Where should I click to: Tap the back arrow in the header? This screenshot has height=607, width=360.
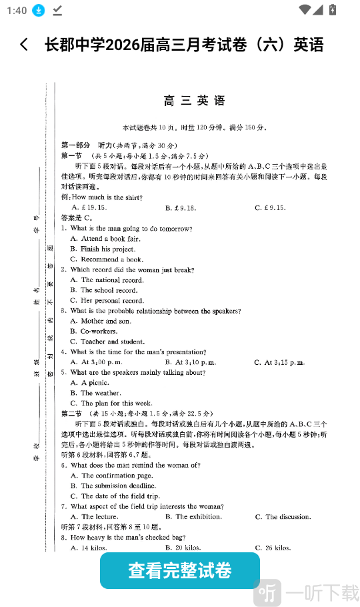tap(25, 45)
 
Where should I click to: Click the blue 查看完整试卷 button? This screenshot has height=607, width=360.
tap(180, 571)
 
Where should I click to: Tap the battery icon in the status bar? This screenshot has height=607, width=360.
tap(333, 10)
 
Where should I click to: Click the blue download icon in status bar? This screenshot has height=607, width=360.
tap(39, 10)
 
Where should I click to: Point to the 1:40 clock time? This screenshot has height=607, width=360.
tap(16, 10)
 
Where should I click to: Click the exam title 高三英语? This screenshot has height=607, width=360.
tap(195, 101)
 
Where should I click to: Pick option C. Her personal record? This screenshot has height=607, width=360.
tap(107, 301)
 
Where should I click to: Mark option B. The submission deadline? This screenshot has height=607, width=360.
tap(113, 486)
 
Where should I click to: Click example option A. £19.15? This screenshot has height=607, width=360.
tap(86, 207)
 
